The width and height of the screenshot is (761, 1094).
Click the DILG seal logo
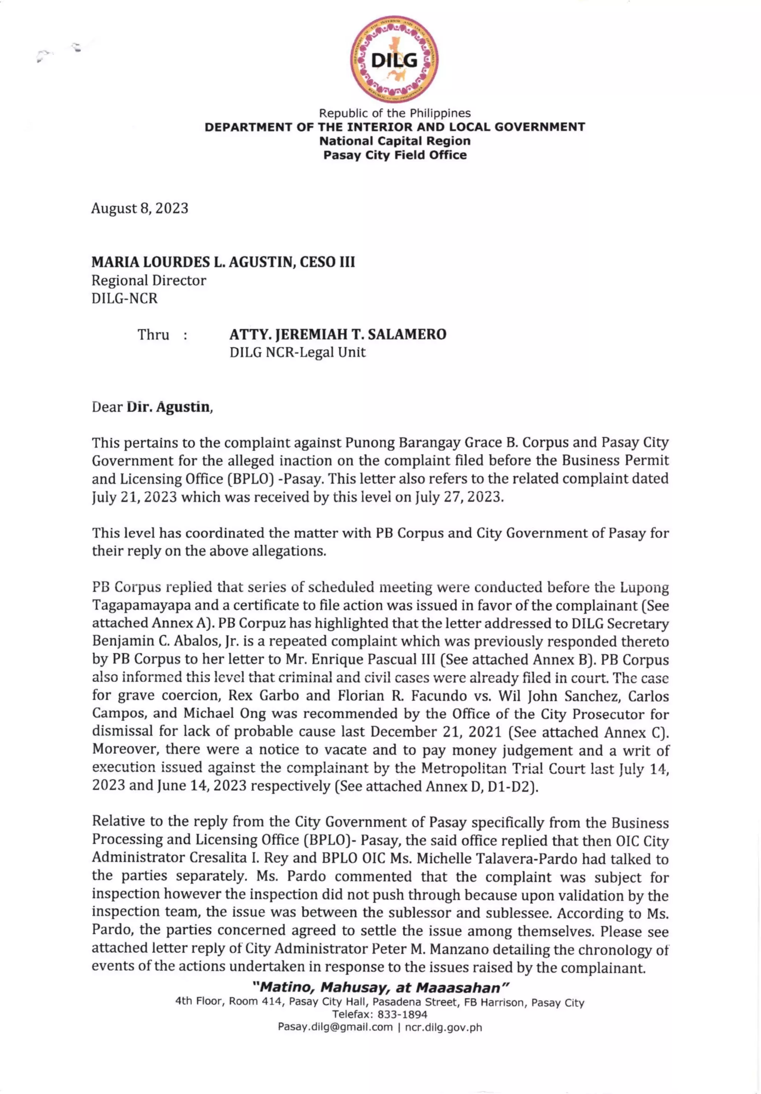pos(394,59)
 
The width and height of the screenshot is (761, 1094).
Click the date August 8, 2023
pos(140,208)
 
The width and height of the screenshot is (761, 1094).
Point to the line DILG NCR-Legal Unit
pos(297,353)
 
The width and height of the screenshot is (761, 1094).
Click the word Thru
pos(153,335)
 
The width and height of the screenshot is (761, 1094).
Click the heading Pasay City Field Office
pos(395,155)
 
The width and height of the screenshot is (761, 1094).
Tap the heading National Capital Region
pos(395,141)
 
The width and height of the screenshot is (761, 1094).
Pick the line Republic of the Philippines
pos(395,113)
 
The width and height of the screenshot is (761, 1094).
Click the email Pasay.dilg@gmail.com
pos(335,1027)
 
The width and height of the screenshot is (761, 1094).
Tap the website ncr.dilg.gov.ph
pos(443,1027)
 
